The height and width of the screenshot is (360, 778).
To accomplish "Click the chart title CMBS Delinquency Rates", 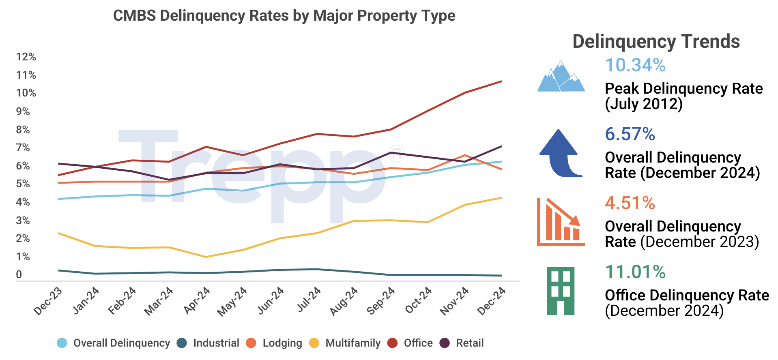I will [x=284, y=16].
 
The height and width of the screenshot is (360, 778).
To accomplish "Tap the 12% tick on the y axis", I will [x=26, y=57].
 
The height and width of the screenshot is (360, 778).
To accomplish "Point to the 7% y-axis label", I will [x=23, y=148].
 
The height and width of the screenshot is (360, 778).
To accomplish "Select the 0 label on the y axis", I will [x=19, y=274].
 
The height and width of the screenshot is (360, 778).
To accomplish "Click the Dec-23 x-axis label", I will [x=48, y=301].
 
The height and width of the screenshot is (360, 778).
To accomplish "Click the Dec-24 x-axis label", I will [x=491, y=301].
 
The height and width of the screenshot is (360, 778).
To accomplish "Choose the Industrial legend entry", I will [x=216, y=343].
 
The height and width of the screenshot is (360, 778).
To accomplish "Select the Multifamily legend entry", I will [x=352, y=343].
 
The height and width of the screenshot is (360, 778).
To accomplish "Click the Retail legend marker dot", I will [x=445, y=343].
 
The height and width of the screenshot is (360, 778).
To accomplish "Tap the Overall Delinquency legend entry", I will [x=121, y=343].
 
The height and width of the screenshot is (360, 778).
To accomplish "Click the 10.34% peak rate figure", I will [x=635, y=65].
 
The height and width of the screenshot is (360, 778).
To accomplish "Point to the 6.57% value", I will [x=630, y=134].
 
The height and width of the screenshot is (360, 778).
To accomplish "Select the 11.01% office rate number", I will [x=635, y=272].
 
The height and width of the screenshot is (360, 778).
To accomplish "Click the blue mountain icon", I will [x=561, y=77].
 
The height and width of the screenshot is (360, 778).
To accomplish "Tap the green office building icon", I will [x=561, y=291].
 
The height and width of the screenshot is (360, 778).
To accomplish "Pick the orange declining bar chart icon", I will [x=561, y=222].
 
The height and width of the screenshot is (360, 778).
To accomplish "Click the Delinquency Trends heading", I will [x=656, y=41].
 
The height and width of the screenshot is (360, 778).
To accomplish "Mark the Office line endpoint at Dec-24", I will [x=501, y=81].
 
